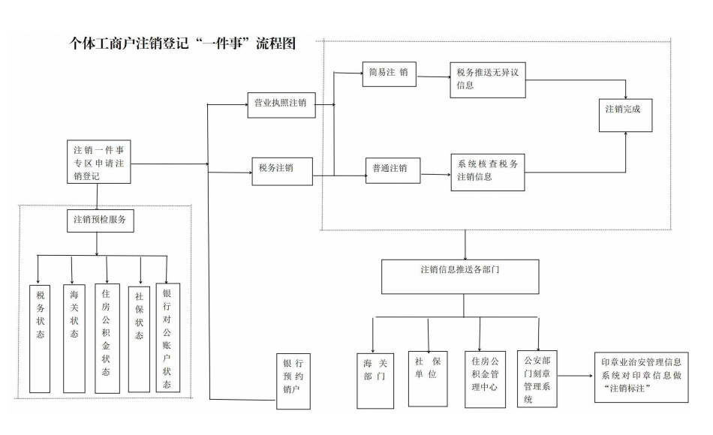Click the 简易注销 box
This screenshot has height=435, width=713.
[389, 74]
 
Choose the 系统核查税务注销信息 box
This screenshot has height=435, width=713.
[487, 172]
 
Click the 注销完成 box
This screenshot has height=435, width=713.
[624, 109]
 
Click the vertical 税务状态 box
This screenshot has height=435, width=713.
[41, 337]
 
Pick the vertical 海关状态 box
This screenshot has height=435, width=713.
[74, 337]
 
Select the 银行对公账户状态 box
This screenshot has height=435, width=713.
[167, 337]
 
